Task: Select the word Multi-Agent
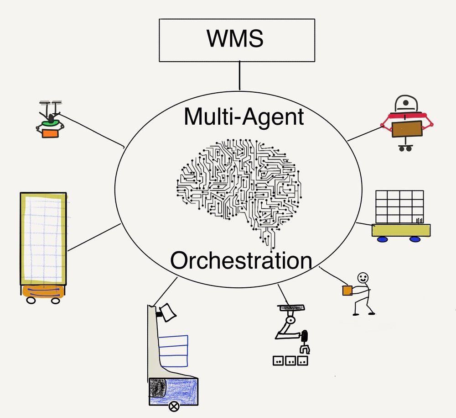point(244,117)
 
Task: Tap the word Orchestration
point(241,261)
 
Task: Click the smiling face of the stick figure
point(363,278)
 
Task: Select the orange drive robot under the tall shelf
point(43,292)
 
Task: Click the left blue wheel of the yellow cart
point(382,239)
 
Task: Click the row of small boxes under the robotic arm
point(290,360)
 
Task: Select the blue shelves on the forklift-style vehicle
point(175,350)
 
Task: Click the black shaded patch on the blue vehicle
point(158,388)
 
